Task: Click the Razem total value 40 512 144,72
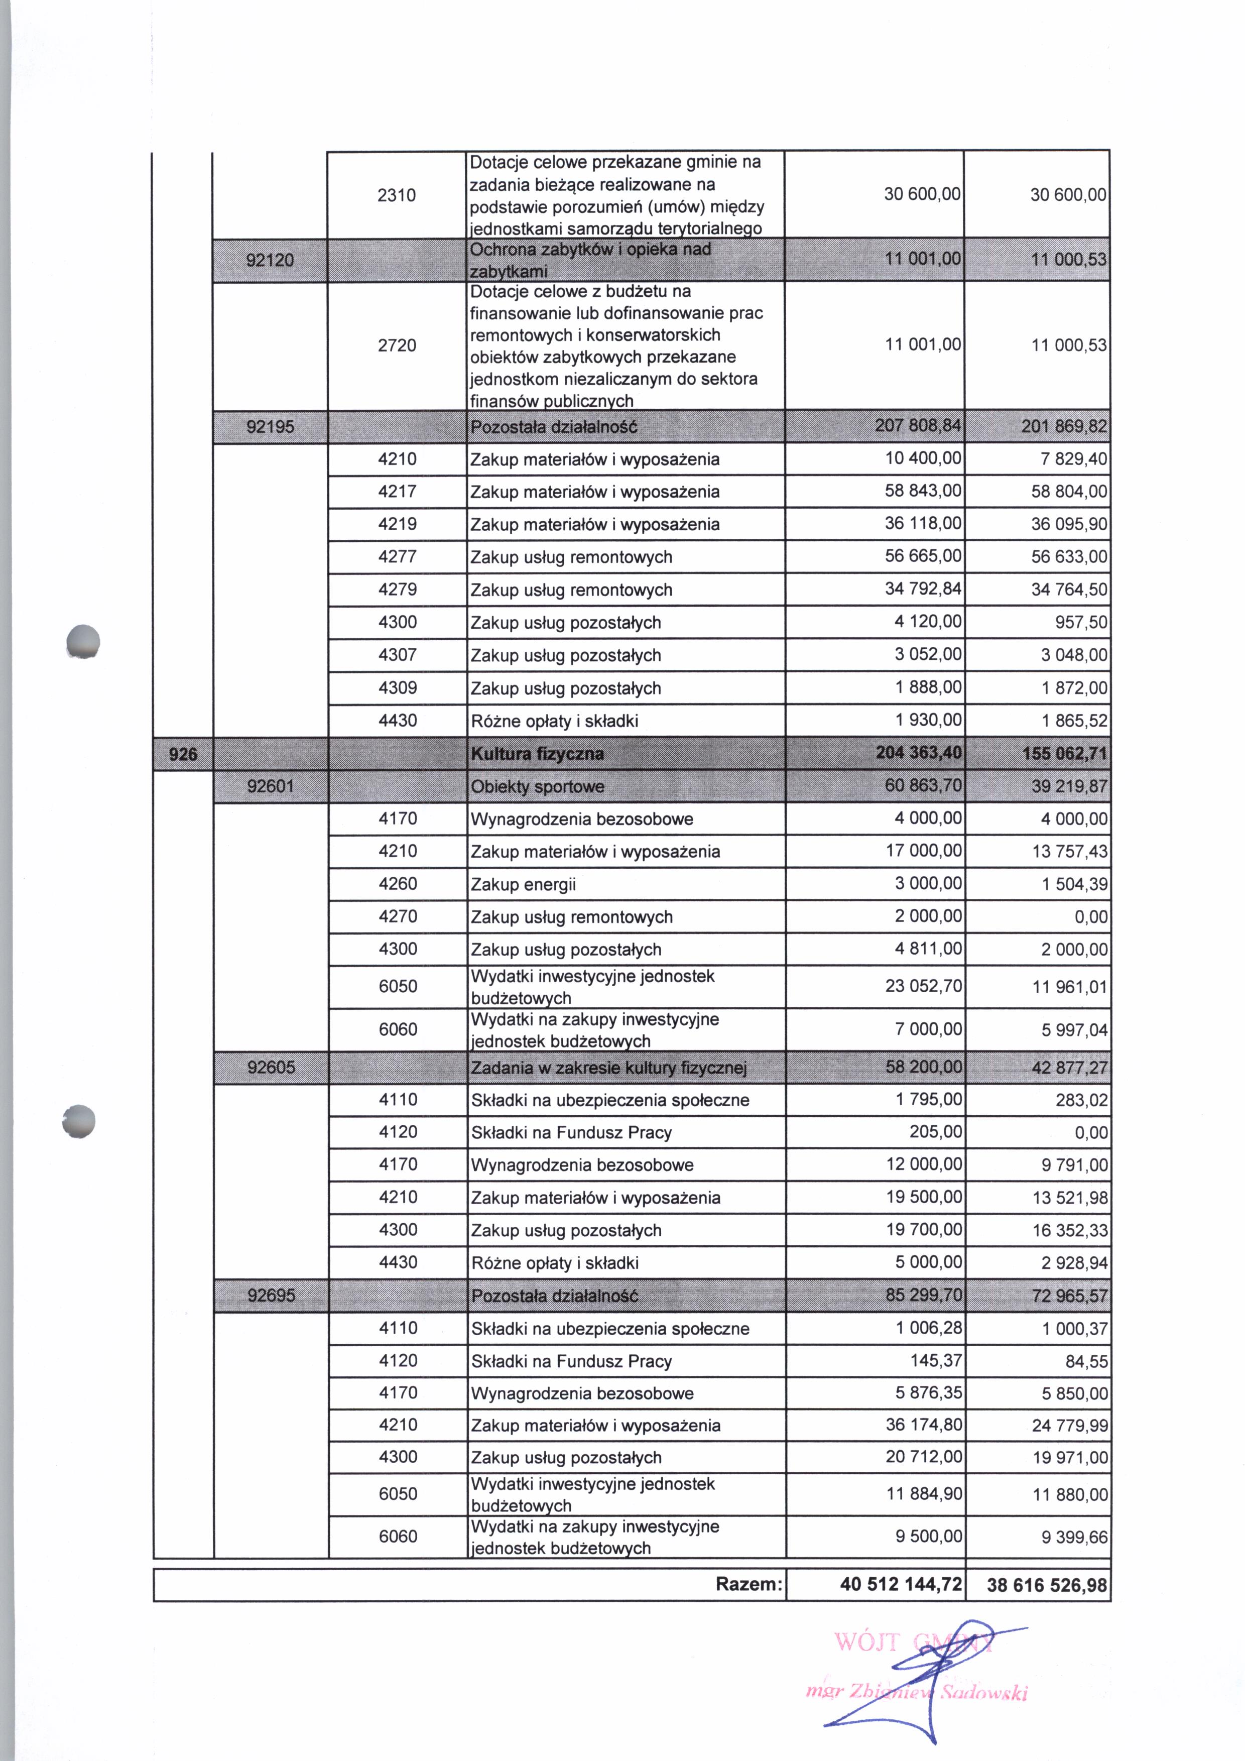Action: (x=901, y=1585)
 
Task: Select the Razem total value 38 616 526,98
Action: (x=1047, y=1585)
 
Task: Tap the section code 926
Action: (x=183, y=754)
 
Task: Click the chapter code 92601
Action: (x=271, y=786)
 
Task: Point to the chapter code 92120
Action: (x=270, y=260)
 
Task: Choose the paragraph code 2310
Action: (x=397, y=195)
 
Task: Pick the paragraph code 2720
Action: (x=397, y=345)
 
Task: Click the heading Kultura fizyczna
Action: (x=537, y=754)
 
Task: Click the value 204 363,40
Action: (x=918, y=753)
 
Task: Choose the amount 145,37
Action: (x=936, y=1361)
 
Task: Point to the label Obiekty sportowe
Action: (x=537, y=787)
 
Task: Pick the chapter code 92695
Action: (x=271, y=1296)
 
